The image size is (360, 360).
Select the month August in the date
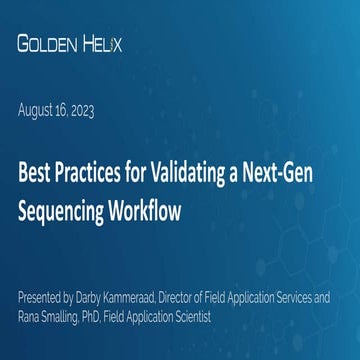tap(38, 113)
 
